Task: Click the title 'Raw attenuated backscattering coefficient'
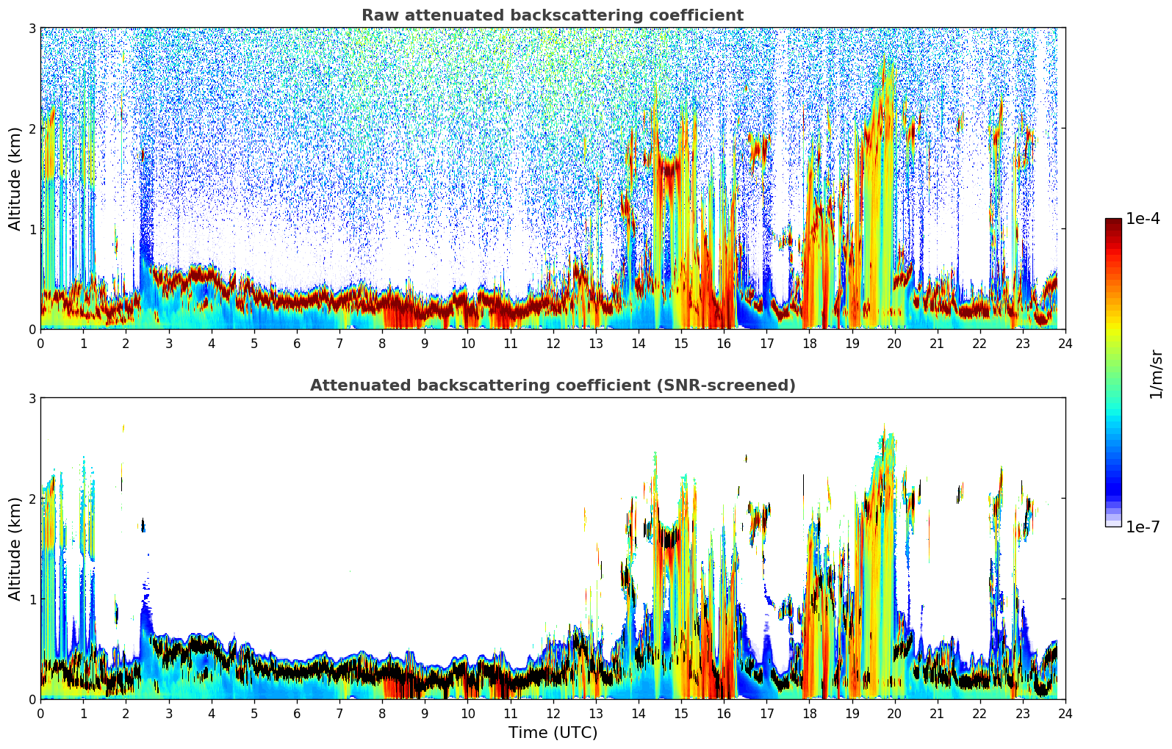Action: (x=552, y=15)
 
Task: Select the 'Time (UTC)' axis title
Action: (x=553, y=733)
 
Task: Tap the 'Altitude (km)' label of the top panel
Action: (x=15, y=178)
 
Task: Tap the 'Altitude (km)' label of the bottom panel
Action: (x=15, y=549)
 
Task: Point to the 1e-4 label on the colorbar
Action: (x=1143, y=219)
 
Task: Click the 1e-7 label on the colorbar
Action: (x=1143, y=527)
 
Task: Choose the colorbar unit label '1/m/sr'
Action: (x=1156, y=374)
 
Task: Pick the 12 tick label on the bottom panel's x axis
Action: (x=553, y=714)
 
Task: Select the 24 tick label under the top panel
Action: (x=1065, y=344)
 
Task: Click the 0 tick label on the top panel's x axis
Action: (x=40, y=344)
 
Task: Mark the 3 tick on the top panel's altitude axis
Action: (x=32, y=28)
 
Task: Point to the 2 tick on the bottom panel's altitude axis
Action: (x=32, y=499)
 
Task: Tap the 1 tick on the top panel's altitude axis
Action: (x=32, y=229)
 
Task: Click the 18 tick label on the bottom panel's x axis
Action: (x=809, y=714)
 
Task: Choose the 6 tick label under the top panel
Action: (x=297, y=344)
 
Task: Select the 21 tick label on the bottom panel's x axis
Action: (x=937, y=714)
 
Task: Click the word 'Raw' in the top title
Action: (x=379, y=15)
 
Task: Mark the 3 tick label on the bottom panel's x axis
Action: (x=168, y=714)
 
